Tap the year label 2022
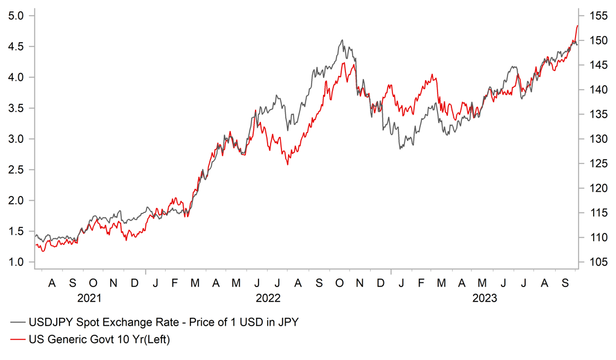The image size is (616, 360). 268,298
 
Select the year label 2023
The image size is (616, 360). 484,298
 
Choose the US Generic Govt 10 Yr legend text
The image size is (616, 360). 99,340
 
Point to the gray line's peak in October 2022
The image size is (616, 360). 342,40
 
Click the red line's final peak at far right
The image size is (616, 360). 577,25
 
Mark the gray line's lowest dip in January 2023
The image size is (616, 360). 400,148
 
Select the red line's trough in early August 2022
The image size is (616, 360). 288,164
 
